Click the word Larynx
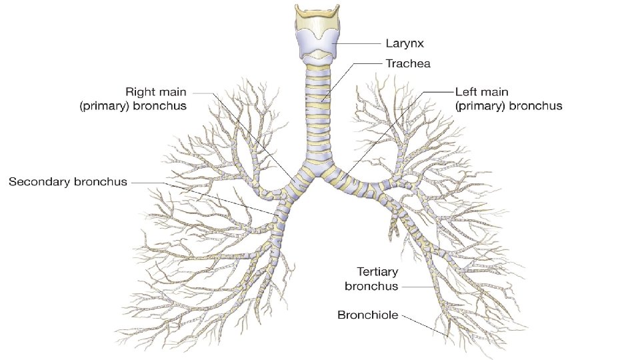(x=405, y=43)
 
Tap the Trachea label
(x=408, y=64)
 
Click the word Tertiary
(x=377, y=272)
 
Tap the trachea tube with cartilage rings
(x=318, y=113)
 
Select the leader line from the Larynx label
(x=360, y=43)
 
